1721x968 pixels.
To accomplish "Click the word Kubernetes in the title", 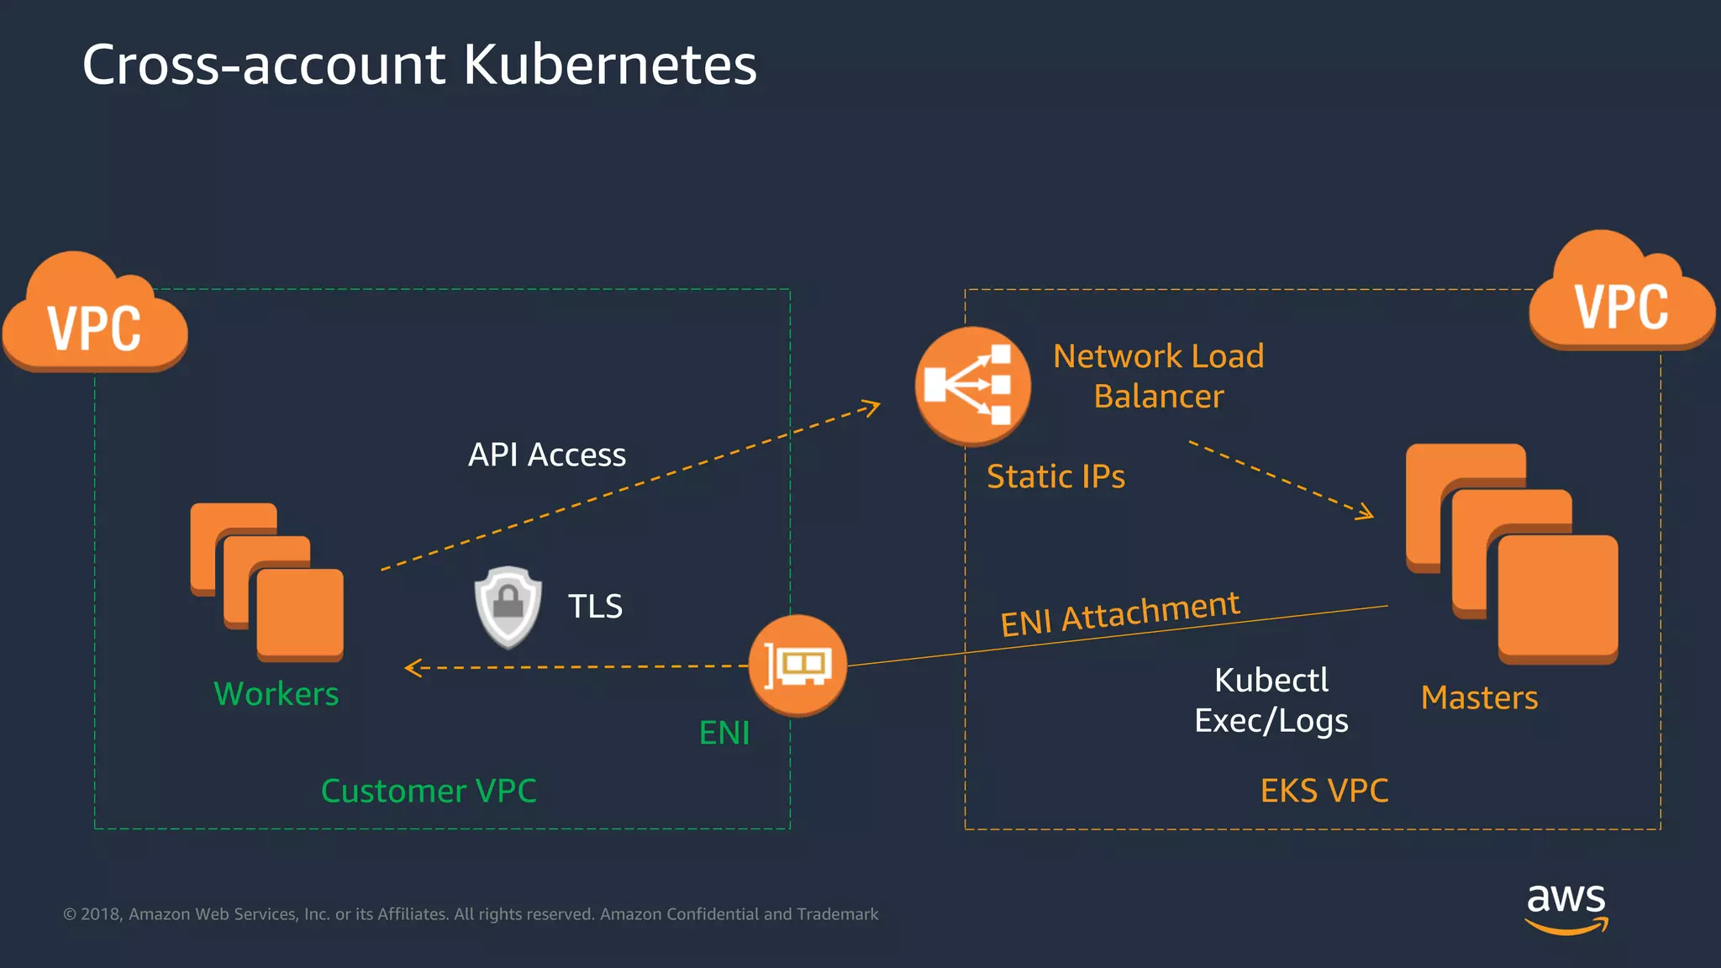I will coord(610,65).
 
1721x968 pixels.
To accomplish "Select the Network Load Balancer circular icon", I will coord(972,386).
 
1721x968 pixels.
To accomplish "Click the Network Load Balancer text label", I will coord(1158,376).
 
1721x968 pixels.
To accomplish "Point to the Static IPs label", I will coord(1055,476).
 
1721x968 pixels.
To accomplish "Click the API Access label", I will coord(547,455).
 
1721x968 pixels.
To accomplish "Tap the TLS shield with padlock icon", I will coord(508,606).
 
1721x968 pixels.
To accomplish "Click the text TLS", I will coord(595,606).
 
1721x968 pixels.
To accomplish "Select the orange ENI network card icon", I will coord(797,665).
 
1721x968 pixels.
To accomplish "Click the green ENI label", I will coord(724,733).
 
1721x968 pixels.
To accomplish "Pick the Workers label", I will coord(276,694).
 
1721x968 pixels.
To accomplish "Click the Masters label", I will coord(1479,697).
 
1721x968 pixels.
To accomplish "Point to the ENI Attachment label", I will coord(1120,613).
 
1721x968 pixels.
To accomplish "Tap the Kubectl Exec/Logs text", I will coord(1271,700).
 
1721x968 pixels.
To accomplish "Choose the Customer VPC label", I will coord(429,791).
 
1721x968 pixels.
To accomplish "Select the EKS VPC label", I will coord(1324,791).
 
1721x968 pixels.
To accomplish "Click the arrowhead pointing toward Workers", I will coord(411,668).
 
